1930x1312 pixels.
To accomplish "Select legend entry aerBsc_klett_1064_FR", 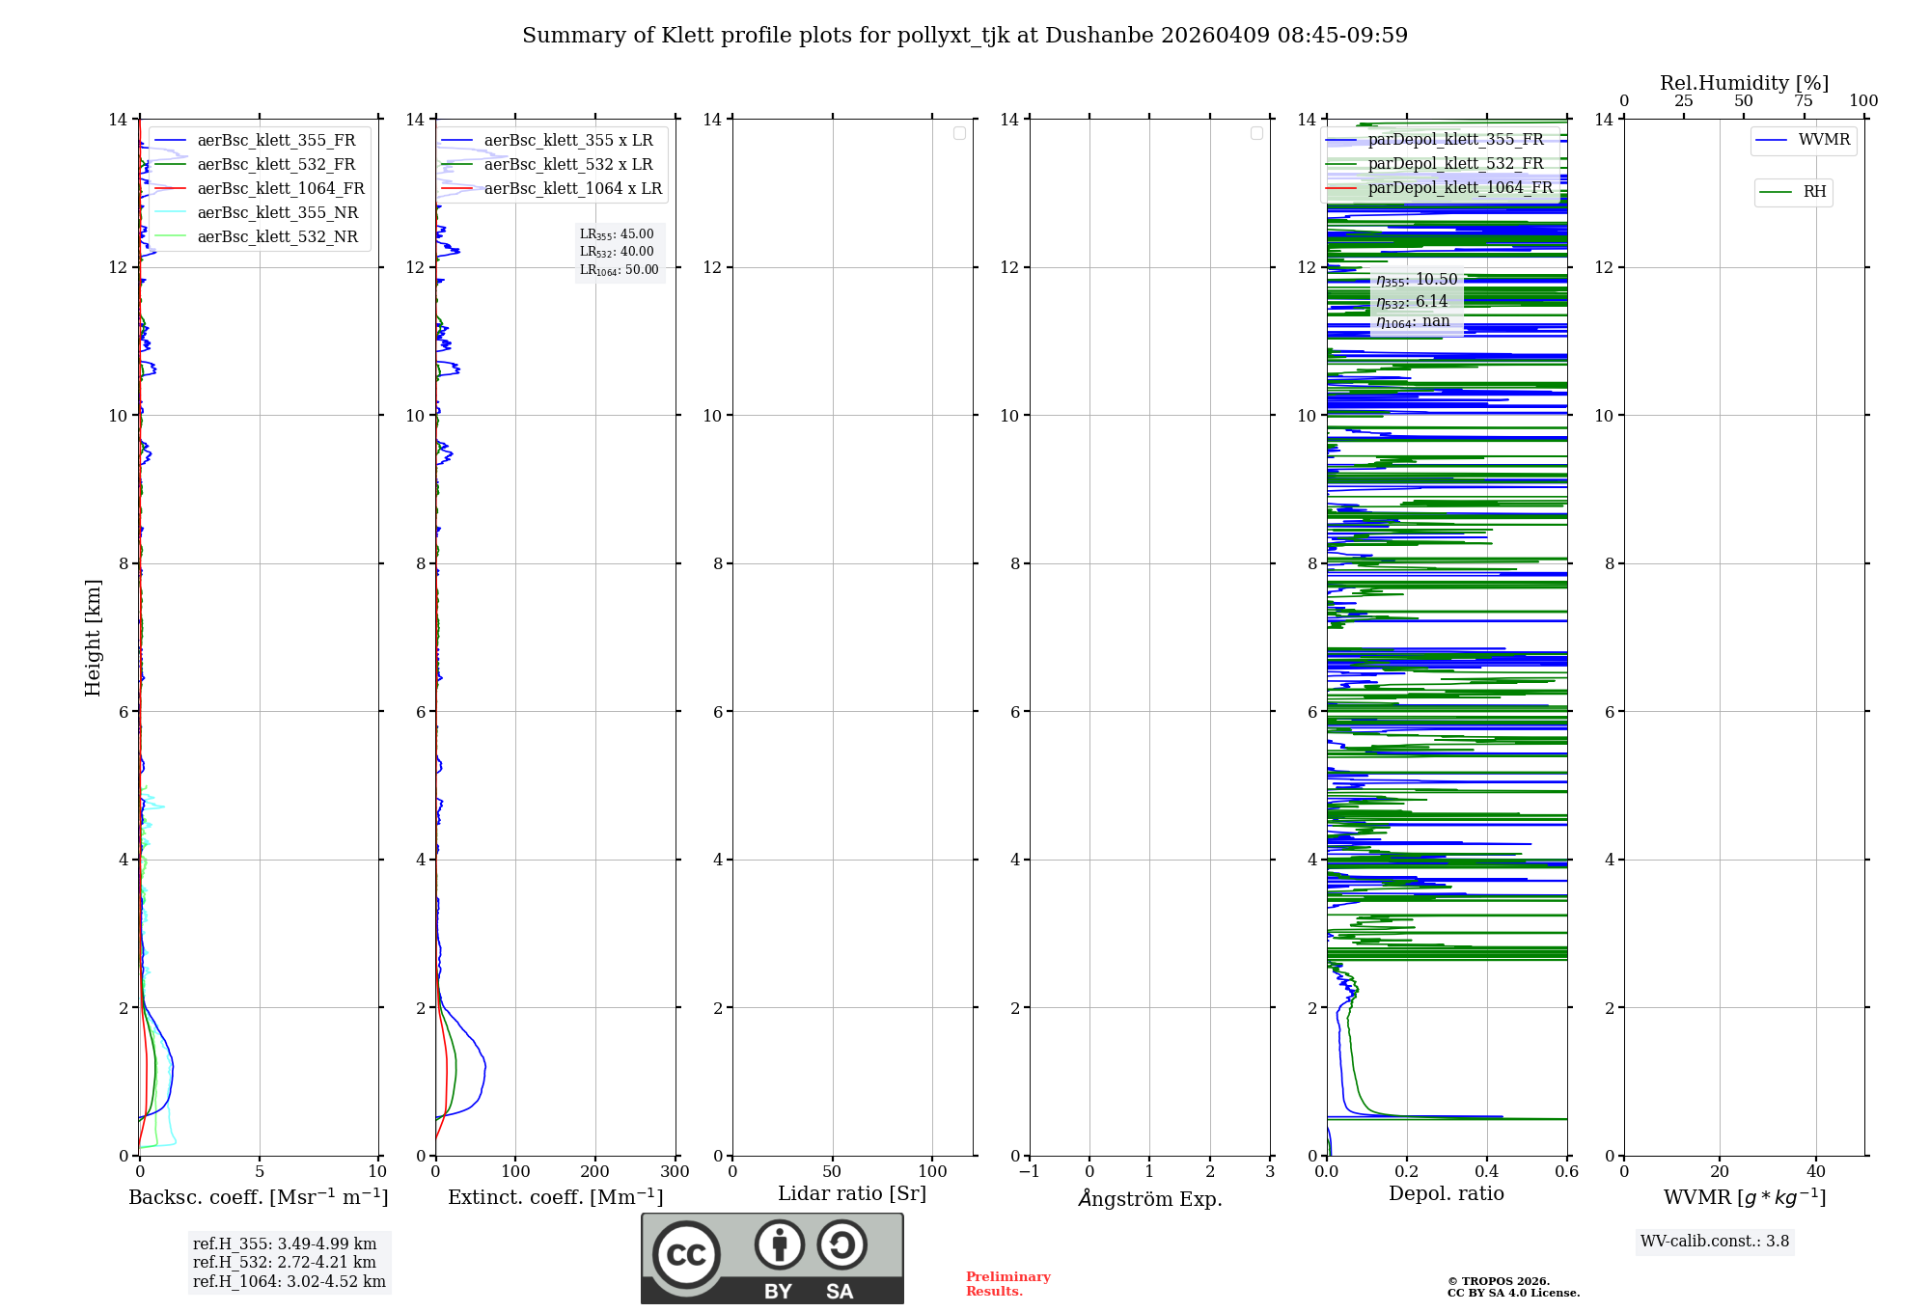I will (x=280, y=189).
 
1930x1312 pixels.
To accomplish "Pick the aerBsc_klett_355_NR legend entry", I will (x=277, y=213).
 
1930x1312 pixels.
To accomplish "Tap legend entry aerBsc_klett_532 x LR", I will (x=567, y=165).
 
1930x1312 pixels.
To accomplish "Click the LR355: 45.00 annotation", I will (x=617, y=234).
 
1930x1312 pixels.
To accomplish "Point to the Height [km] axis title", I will (x=93, y=638).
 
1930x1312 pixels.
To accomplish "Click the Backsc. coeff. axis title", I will (x=259, y=1197).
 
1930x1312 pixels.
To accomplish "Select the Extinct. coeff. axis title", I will (x=556, y=1197).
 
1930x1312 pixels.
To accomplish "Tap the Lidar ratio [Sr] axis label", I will (x=852, y=1194).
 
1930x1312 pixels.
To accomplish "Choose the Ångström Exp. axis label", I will (x=1150, y=1198).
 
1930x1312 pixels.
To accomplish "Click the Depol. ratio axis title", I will (x=1446, y=1194).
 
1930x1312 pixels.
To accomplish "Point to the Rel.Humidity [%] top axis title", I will (x=1744, y=83).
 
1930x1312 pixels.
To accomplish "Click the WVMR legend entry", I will (x=1823, y=140).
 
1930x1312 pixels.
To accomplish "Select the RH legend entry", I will (x=1814, y=192).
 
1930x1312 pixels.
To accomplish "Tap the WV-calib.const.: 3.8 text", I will (x=1715, y=1242).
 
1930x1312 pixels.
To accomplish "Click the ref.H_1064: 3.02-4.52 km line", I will (x=289, y=1282).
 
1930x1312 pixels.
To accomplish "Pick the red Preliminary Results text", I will (x=1007, y=1284).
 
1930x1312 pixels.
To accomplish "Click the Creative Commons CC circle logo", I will (x=686, y=1255).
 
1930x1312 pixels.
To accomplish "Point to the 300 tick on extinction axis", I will (x=675, y=1172).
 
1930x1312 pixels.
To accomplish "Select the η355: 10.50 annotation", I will (x=1417, y=281).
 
